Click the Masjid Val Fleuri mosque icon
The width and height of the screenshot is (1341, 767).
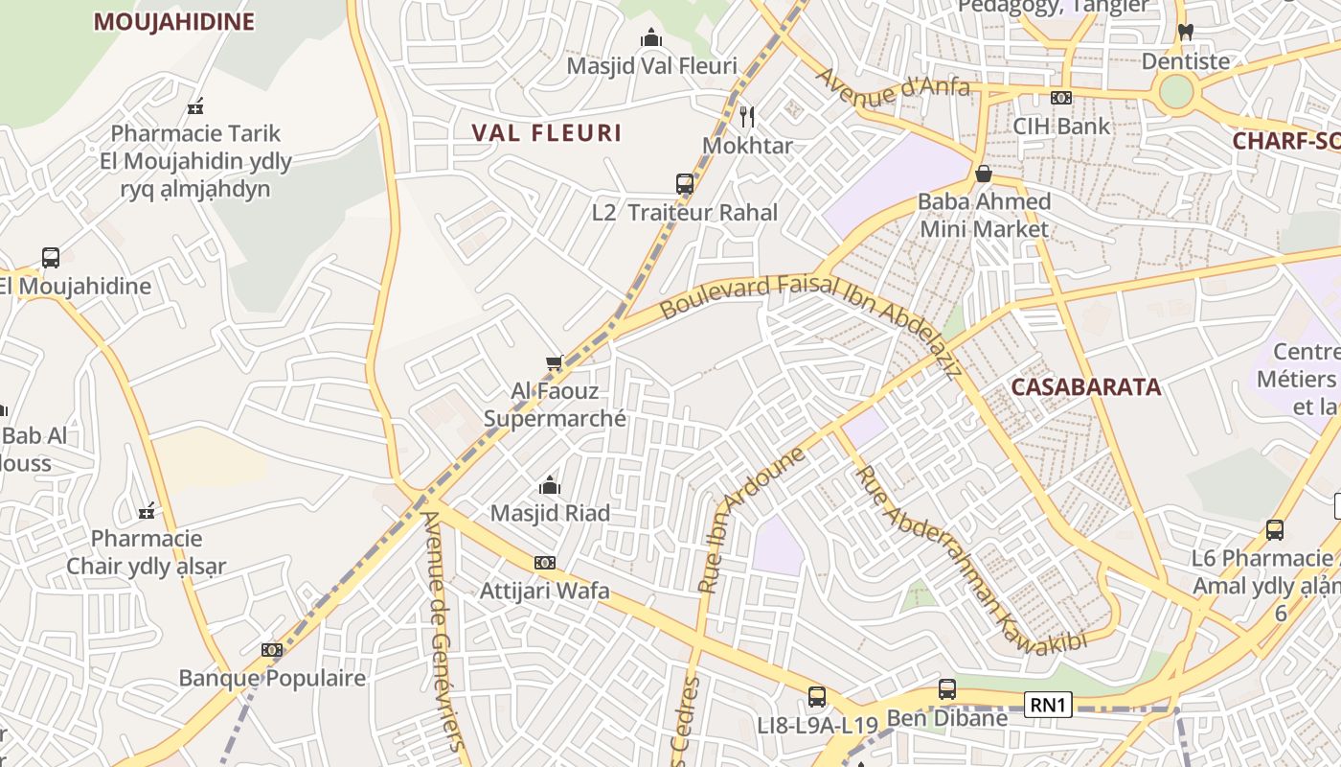point(651,37)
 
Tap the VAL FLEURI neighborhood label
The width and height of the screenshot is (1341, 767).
point(547,132)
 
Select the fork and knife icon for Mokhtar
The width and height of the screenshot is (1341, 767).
point(747,117)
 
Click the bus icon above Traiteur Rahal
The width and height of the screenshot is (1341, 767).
point(685,184)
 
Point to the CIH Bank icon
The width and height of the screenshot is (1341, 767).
point(1060,98)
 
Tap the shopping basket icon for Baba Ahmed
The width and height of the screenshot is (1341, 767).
point(983,174)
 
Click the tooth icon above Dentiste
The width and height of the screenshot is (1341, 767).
point(1185,33)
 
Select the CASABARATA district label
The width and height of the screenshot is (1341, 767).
point(1086,387)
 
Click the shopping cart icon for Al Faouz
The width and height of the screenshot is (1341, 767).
point(554,362)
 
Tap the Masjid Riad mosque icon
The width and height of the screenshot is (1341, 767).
point(550,485)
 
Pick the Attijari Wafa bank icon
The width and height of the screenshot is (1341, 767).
point(545,563)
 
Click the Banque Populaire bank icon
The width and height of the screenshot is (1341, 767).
point(272,650)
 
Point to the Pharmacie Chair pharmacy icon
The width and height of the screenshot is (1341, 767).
point(147,510)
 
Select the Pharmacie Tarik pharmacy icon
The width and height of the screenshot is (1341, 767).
point(196,105)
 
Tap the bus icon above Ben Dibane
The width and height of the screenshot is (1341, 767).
point(946,688)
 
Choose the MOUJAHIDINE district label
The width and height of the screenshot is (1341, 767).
point(173,22)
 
